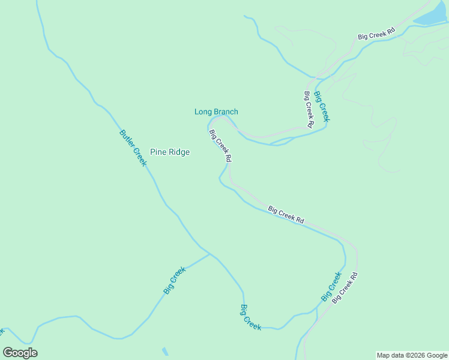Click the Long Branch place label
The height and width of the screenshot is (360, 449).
tap(216, 112)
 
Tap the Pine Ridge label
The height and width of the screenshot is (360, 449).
tap(170, 152)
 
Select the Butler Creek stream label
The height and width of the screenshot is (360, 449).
tap(133, 148)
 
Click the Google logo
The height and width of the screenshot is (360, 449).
tap(20, 353)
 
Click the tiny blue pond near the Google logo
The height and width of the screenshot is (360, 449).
tap(165, 352)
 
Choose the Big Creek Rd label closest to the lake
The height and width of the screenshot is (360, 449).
tap(376, 34)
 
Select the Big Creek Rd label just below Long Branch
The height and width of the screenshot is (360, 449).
tap(220, 147)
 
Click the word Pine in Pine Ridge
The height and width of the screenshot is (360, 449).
tap(158, 152)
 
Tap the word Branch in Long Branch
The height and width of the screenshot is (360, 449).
tap(226, 112)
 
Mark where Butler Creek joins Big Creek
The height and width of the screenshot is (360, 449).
tap(209, 254)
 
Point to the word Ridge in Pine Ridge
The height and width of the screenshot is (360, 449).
tap(179, 152)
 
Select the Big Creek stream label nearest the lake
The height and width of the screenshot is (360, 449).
tap(322, 106)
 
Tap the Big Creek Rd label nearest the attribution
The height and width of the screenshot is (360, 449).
tap(345, 287)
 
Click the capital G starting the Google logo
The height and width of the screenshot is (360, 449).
tap(9, 353)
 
